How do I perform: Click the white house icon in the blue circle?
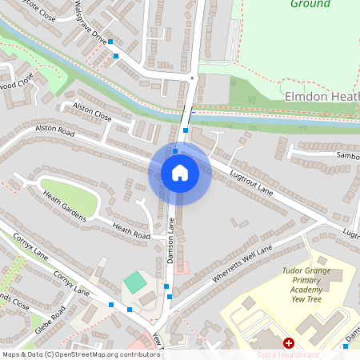(x=179, y=172)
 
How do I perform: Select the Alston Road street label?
(x=55, y=132)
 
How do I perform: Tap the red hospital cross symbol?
(x=288, y=342)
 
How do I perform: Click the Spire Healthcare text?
(x=288, y=354)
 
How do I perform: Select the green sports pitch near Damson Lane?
(x=135, y=282)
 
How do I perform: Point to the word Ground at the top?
(x=310, y=5)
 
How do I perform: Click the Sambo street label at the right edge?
(x=348, y=156)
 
